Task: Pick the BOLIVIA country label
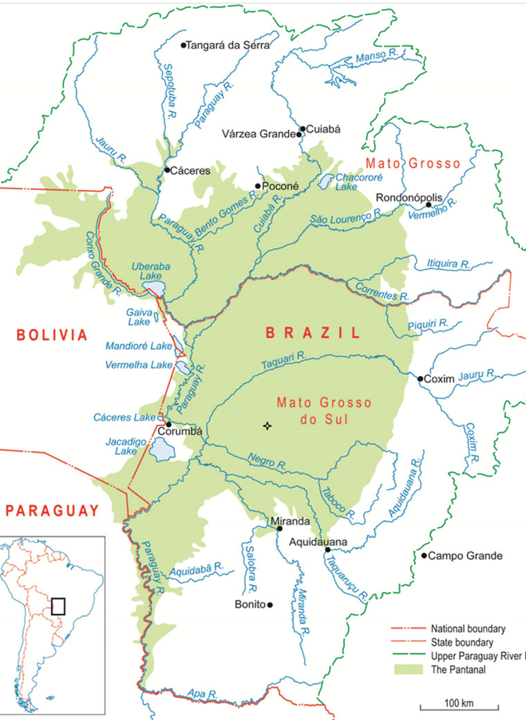tap(46, 334)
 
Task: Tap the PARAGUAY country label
tap(49, 510)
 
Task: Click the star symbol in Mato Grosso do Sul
tap(267, 426)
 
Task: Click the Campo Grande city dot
tap(424, 556)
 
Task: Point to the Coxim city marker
tap(421, 379)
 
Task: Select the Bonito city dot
tap(270, 605)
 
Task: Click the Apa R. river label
tap(196, 693)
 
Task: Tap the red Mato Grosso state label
tap(413, 164)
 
